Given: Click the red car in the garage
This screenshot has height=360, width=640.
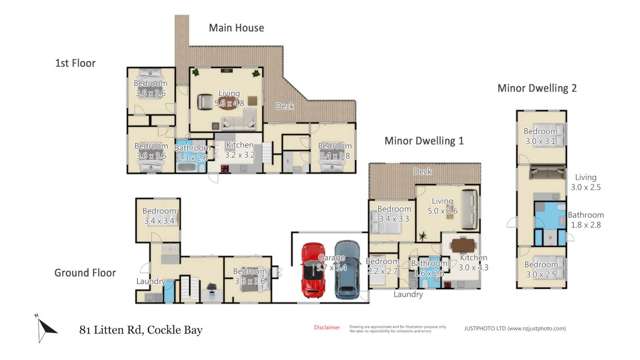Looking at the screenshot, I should (314, 270).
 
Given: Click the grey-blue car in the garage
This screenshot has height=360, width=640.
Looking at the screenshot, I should (346, 270).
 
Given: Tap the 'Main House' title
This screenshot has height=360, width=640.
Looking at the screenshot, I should (236, 28).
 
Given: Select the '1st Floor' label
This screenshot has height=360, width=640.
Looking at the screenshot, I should (74, 62).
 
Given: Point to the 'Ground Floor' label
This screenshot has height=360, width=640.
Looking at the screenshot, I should (85, 272).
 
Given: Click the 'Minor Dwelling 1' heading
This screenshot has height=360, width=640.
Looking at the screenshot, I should (424, 141).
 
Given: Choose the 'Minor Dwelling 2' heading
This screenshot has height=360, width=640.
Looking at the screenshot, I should (537, 88).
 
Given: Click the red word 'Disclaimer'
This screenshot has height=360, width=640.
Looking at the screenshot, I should (326, 327).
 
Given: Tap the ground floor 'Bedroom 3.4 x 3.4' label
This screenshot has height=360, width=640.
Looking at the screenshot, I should (159, 216).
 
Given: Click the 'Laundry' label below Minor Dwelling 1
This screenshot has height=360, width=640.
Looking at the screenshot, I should (408, 294).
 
